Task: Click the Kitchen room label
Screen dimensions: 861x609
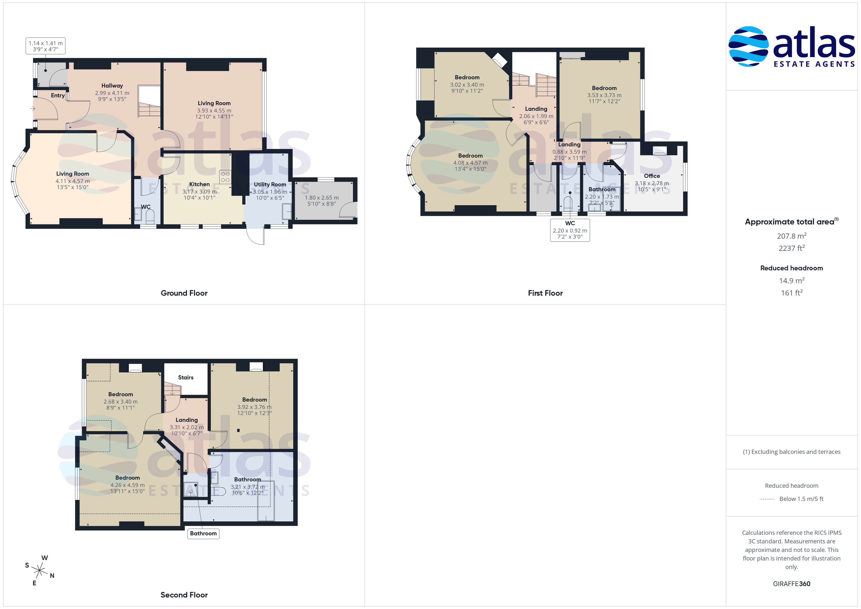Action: click(199, 184)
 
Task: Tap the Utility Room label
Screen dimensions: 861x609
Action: click(270, 184)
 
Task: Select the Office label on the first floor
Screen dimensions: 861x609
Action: click(652, 176)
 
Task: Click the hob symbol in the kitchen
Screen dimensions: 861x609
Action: click(225, 177)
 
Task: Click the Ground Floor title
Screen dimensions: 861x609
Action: click(184, 293)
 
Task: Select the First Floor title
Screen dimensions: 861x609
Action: click(545, 293)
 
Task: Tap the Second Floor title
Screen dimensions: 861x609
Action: click(184, 595)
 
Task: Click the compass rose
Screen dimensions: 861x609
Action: click(39, 571)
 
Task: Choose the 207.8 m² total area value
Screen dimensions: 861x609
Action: click(792, 236)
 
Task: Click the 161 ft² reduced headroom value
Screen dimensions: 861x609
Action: click(792, 293)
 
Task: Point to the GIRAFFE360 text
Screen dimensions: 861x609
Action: click(792, 584)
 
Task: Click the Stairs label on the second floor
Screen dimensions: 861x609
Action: click(186, 378)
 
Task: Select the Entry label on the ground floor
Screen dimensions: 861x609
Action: click(58, 96)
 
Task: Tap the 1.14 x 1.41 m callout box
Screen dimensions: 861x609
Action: click(45, 46)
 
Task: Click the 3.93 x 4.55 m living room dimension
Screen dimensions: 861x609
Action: click(214, 111)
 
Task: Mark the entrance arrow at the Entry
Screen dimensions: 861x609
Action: click(33, 109)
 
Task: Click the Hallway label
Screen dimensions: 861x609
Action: click(112, 86)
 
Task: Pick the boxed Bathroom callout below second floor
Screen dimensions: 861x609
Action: click(203, 534)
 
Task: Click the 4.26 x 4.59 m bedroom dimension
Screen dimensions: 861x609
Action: click(127, 485)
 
